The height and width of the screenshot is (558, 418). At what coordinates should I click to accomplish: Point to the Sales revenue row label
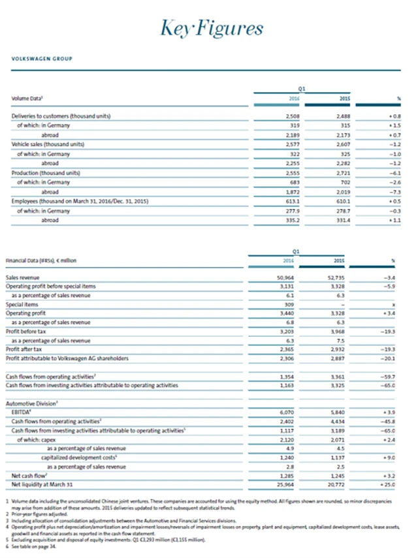pyautogui.click(x=23, y=277)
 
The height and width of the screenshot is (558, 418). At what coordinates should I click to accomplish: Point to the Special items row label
pyautogui.click(x=22, y=305)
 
